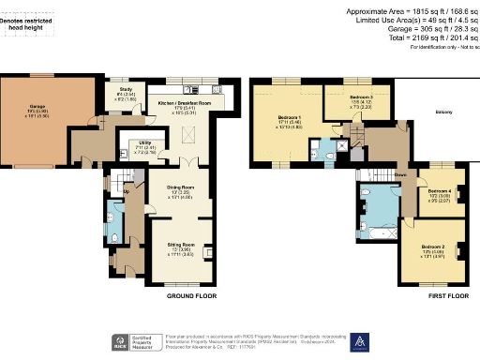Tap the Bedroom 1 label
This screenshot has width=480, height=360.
pos(290,118)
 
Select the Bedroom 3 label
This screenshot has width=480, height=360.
pos(361,97)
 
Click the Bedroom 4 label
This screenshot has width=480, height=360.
pos(439,190)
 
